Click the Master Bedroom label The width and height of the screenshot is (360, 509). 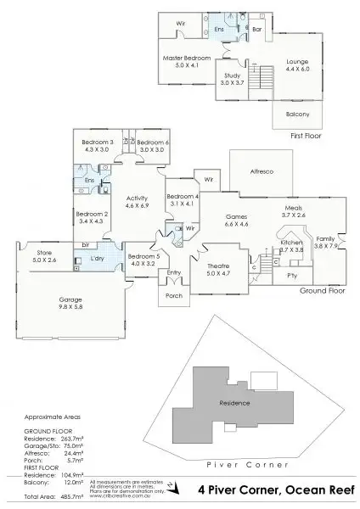click(x=185, y=58)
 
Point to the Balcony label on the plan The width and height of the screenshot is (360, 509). click(x=290, y=113)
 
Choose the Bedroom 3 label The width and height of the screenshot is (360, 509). click(x=98, y=142)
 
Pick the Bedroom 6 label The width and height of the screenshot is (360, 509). click(x=153, y=142)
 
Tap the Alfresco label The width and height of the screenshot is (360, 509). click(x=259, y=172)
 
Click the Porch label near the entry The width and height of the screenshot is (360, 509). click(x=173, y=295)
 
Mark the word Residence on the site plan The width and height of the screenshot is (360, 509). click(x=233, y=402)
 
